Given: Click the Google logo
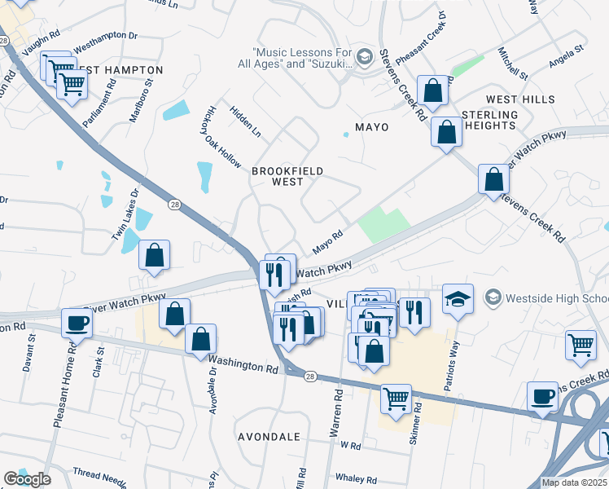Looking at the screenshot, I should (x=27, y=479).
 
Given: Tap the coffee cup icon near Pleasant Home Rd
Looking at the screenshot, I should (x=77, y=323).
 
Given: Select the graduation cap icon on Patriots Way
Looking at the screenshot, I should (x=458, y=298).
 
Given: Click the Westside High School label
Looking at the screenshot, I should (x=555, y=297).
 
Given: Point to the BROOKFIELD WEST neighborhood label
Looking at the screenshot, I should (x=287, y=176).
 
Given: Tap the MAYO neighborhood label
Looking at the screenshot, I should (x=371, y=128).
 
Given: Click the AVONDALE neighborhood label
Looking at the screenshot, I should (x=269, y=437).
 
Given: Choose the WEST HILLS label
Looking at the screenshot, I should (x=520, y=99).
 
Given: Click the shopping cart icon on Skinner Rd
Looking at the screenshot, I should (x=396, y=399).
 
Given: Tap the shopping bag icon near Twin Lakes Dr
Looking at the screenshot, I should (x=154, y=256).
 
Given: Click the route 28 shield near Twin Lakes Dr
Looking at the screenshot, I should (x=174, y=205).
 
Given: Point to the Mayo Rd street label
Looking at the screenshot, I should (x=327, y=242).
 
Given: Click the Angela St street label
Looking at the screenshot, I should (x=567, y=50).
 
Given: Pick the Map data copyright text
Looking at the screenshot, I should (x=575, y=482).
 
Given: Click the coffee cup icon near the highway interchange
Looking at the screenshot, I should (x=542, y=397).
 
